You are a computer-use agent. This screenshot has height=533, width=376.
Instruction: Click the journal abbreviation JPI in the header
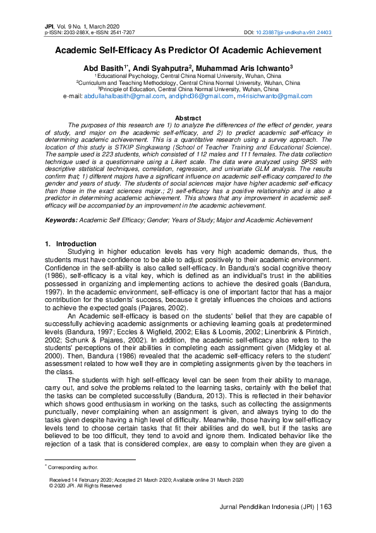click(x=49, y=26)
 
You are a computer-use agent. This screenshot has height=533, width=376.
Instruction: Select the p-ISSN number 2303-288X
click(x=81, y=32)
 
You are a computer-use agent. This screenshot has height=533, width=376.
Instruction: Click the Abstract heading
click(x=188, y=118)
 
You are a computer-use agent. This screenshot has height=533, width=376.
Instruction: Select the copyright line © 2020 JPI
click(x=85, y=486)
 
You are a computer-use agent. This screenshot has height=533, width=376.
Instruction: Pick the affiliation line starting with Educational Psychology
click(x=189, y=75)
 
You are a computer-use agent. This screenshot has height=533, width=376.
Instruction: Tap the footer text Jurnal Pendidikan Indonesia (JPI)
click(x=265, y=506)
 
